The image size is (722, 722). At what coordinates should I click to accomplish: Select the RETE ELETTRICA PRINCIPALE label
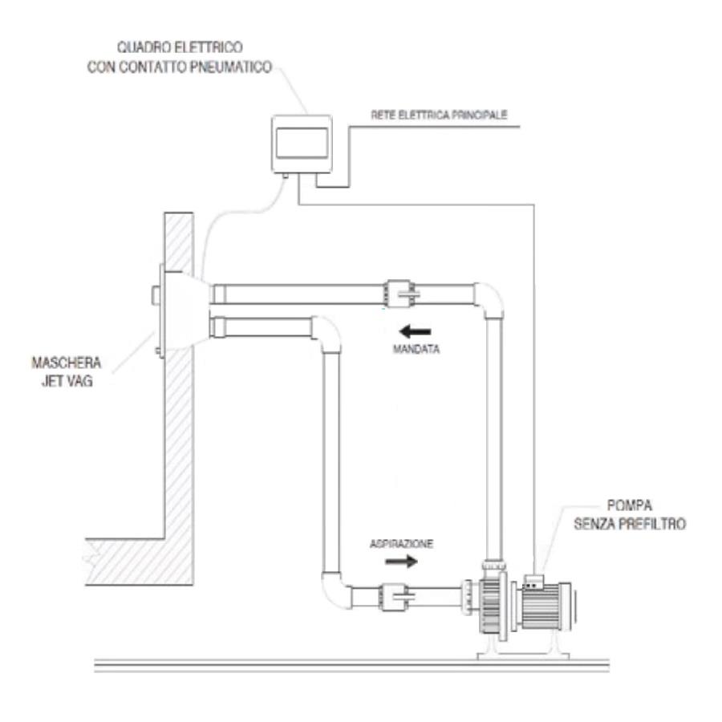click(x=439, y=115)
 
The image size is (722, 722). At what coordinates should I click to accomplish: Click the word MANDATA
click(x=416, y=350)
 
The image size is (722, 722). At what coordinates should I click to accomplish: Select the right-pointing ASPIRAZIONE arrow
click(x=402, y=562)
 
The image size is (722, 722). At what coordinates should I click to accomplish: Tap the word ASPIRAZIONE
click(x=402, y=543)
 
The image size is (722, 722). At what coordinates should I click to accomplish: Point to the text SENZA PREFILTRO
click(x=629, y=525)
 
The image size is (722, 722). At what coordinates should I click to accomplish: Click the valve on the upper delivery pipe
click(x=398, y=293)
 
